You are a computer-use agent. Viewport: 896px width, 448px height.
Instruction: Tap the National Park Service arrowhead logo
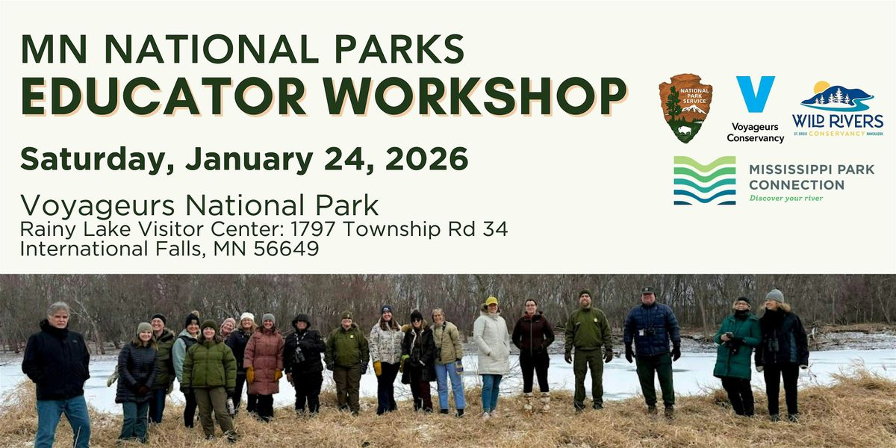point(685,108)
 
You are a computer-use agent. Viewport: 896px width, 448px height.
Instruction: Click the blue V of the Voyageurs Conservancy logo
point(754,93)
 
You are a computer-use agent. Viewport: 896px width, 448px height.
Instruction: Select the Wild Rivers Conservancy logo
point(837,108)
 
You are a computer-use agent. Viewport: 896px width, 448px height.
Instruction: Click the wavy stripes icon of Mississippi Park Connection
point(704,180)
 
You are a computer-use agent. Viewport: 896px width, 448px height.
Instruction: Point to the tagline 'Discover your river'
point(785,198)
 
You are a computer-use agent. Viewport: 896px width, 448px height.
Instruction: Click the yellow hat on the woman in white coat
point(491,302)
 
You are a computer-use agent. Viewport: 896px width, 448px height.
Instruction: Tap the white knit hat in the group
point(247,317)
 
